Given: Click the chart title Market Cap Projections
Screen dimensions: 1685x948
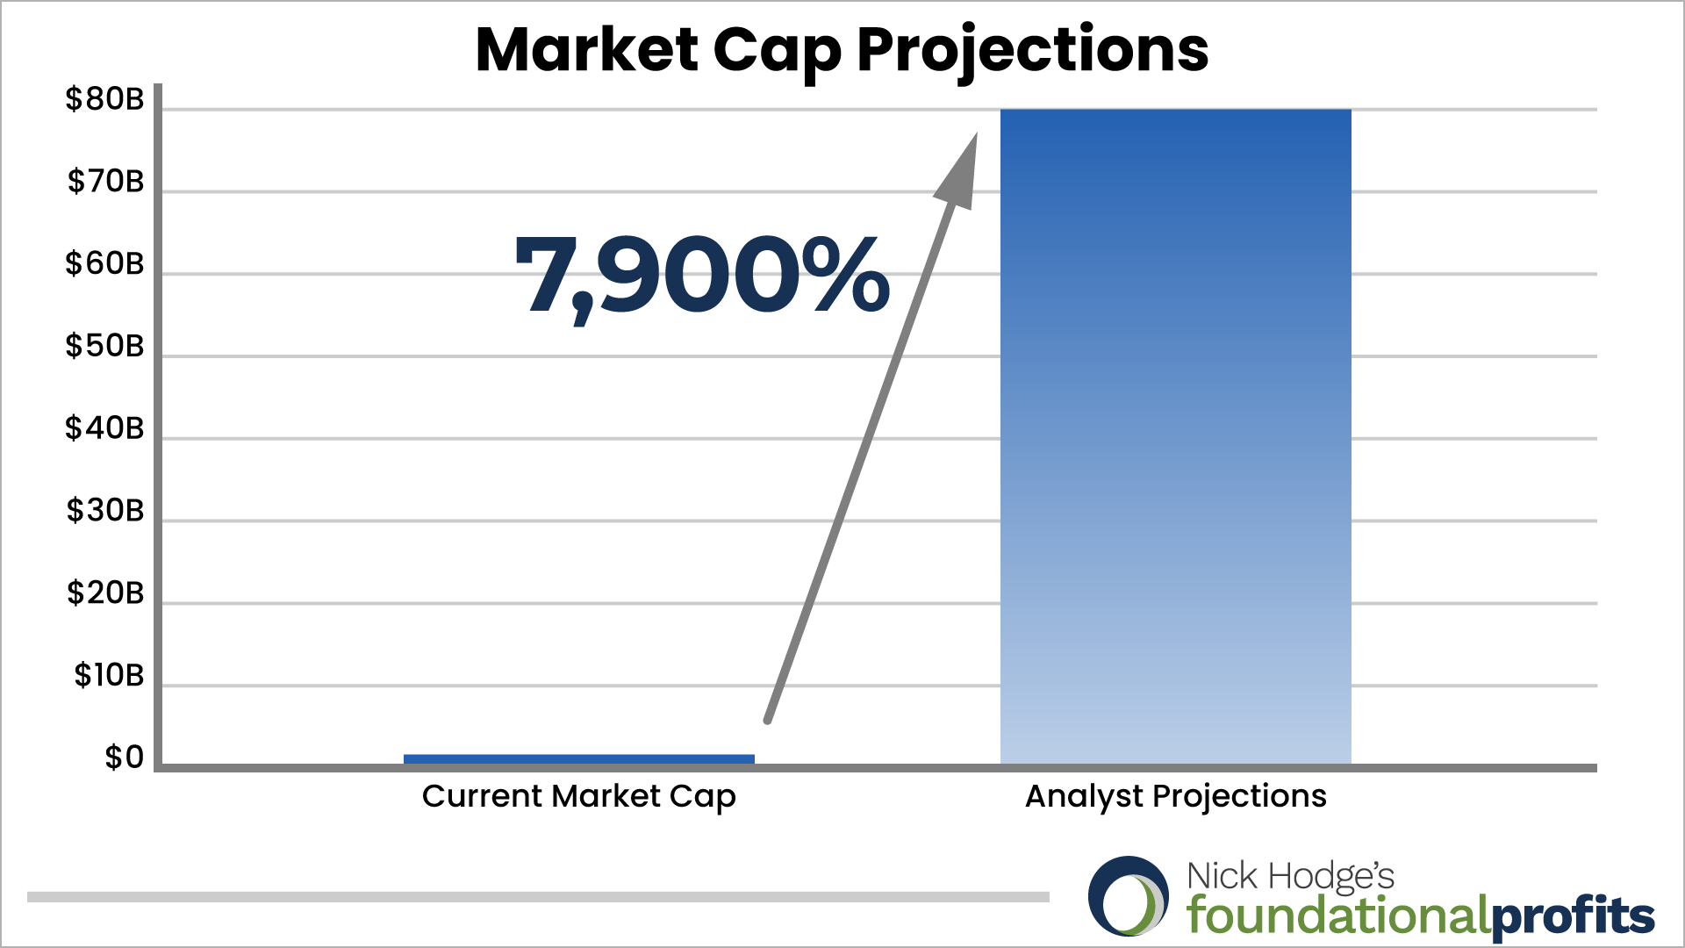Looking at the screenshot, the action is click(x=842, y=50).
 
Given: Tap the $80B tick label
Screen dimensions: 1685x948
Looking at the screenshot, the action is click(x=104, y=99).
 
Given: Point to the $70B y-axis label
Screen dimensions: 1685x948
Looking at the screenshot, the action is click(x=105, y=181).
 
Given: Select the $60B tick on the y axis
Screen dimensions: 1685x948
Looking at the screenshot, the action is click(x=104, y=263).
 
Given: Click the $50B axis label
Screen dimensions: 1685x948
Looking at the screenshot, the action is click(x=104, y=346).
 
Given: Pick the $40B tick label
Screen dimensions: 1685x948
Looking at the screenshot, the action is click(x=104, y=428).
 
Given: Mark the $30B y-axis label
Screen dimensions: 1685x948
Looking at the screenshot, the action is click(x=105, y=510).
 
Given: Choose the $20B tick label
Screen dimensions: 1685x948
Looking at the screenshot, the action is click(x=105, y=592).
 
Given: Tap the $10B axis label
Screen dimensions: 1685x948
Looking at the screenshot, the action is click(x=109, y=675).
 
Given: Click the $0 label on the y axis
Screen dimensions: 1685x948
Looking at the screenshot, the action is click(x=124, y=758).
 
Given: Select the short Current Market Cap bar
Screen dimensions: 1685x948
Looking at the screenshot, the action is click(x=579, y=759).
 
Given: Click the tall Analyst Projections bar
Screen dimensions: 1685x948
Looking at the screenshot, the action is click(x=1176, y=436).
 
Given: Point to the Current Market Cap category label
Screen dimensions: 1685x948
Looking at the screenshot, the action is click(x=579, y=797).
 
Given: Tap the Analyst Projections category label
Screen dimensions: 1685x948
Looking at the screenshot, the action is click(x=1176, y=797).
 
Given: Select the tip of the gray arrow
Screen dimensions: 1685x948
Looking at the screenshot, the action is click(x=977, y=133).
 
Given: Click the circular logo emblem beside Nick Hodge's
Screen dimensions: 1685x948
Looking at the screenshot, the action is click(x=1129, y=896).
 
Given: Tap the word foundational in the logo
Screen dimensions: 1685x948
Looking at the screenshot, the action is click(x=1338, y=916).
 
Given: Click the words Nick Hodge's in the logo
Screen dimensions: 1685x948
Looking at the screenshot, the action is click(x=1290, y=877).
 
